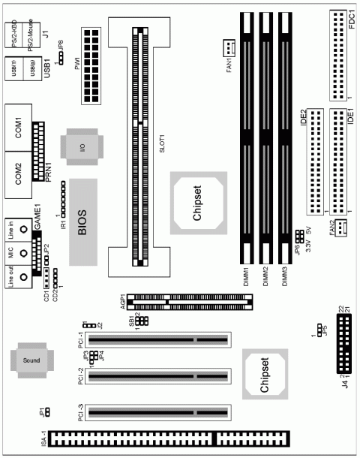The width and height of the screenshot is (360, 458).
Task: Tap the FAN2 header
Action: pos(338,228)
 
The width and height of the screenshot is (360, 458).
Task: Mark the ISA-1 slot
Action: pos(171,438)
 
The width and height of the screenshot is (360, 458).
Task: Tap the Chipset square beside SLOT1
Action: pos(195,200)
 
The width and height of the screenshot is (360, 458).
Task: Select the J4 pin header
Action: pos(347,344)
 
